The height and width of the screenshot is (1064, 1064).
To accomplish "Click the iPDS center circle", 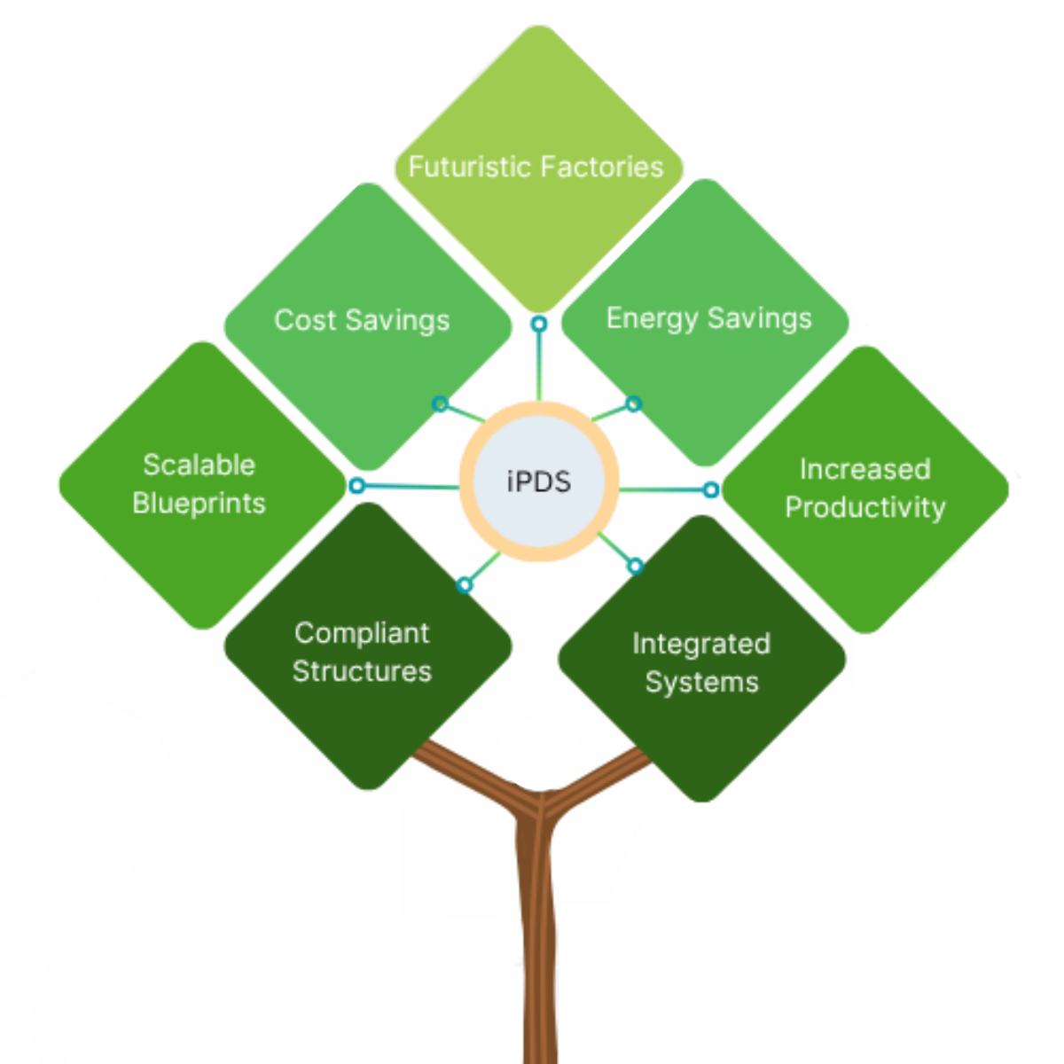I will click(538, 481).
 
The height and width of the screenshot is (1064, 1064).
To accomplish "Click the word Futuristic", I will click(469, 167).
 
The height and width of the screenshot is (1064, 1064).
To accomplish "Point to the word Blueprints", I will click(199, 503).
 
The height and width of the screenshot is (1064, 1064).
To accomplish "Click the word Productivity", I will click(865, 507).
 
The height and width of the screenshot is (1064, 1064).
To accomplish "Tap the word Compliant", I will click(362, 633).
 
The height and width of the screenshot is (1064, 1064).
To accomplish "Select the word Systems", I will click(701, 682).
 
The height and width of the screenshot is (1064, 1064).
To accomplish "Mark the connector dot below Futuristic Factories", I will click(538, 325).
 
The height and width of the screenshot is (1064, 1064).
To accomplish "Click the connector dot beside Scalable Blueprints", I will click(356, 486).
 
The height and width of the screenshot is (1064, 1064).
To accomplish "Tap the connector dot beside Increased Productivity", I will click(711, 489).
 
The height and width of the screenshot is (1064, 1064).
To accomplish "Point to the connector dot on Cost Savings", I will click(440, 404).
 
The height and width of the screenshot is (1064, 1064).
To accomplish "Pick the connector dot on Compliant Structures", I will click(464, 584).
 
